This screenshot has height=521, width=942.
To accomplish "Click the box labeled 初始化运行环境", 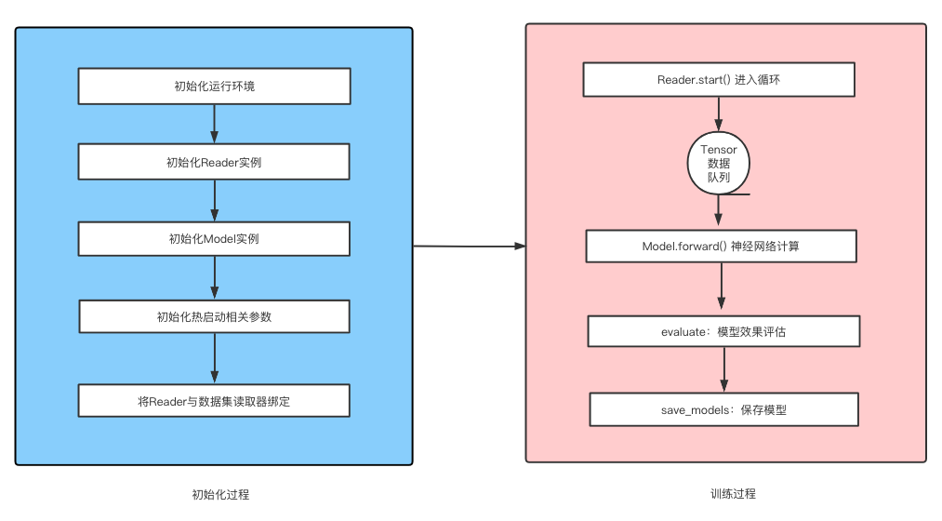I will (214, 87).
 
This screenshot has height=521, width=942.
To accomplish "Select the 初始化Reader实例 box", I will (214, 162).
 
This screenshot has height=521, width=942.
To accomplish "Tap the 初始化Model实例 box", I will (214, 238).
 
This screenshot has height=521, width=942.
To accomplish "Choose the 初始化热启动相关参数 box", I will (214, 316).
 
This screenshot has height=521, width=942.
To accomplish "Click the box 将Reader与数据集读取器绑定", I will (214, 401).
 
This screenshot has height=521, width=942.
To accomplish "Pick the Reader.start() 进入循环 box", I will (718, 79).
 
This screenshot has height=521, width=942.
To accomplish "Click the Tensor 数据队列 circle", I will (718, 163).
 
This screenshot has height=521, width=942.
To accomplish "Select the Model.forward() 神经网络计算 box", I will (721, 247).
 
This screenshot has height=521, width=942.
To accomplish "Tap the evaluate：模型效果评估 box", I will (723, 331).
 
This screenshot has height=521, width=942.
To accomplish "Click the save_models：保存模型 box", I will (723, 409).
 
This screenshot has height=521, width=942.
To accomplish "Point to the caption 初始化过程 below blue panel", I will (220, 494).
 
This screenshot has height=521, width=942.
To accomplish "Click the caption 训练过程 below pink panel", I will (732, 494).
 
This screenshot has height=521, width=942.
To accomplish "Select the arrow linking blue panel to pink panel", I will (469, 247).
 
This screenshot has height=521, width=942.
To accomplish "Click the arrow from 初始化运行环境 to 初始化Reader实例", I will (214, 124).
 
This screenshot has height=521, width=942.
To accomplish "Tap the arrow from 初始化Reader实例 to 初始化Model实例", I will (215, 200).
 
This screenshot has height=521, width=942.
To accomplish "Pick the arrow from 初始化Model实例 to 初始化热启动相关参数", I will (215, 277).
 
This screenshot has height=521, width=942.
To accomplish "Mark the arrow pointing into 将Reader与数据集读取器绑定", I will (215, 358).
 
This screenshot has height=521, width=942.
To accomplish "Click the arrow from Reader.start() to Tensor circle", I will (718, 114).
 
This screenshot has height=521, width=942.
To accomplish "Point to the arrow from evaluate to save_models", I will (723, 369).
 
